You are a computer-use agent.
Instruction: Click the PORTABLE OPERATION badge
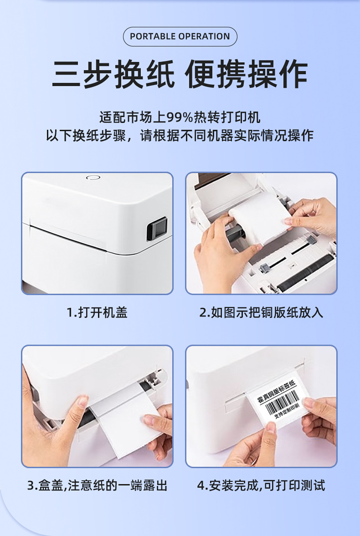180,36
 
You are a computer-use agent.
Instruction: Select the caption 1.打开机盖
97,312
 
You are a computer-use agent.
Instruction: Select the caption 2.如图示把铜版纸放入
261,312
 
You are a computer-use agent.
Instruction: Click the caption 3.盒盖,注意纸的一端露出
97,485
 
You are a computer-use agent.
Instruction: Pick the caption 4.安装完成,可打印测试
261,485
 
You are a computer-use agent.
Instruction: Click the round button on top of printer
93,178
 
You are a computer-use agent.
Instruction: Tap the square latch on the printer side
157,230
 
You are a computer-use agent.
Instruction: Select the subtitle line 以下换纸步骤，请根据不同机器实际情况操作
180,136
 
